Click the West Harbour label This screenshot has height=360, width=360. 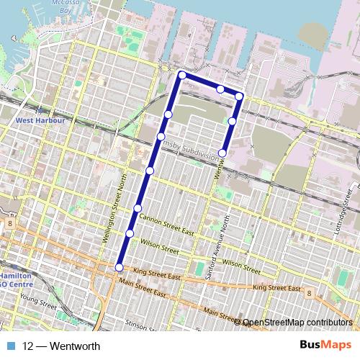click(x=40, y=120)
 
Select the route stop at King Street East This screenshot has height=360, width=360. click(x=120, y=268)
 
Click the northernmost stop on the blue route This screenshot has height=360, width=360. click(x=182, y=75)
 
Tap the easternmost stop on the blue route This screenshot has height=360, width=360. click(x=239, y=96)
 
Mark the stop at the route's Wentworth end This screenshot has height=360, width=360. click(x=223, y=153)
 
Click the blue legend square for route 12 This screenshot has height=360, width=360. click(x=11, y=346)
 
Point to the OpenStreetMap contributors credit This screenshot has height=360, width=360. click(x=296, y=323)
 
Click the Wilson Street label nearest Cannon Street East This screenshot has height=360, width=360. click(x=159, y=246)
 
